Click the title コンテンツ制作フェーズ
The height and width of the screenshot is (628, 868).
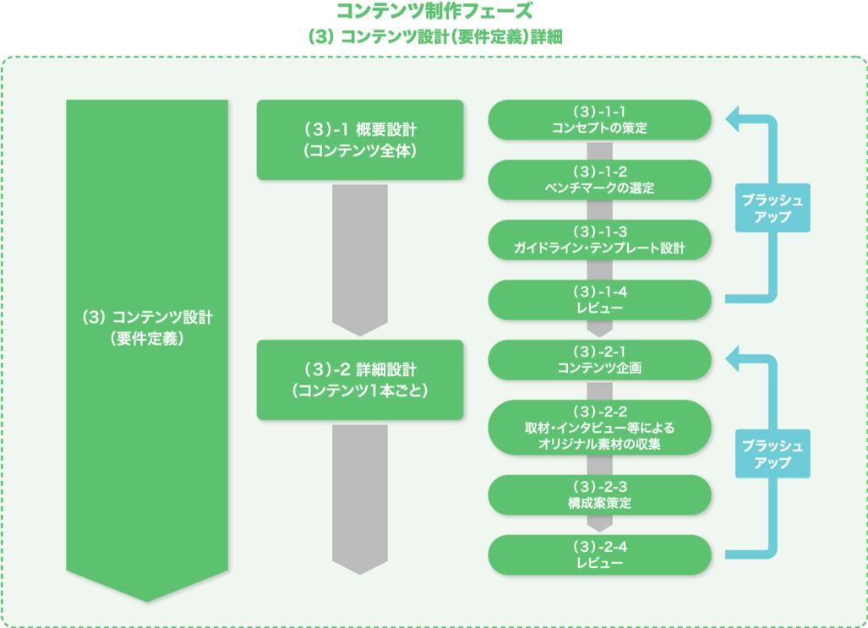click(434, 12)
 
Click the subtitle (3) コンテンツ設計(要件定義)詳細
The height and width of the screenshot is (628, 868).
click(434, 37)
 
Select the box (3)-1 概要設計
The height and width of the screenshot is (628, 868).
click(360, 139)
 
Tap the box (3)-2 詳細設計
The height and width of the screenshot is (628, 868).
click(360, 380)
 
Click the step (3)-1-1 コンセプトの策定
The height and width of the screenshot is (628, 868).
click(599, 120)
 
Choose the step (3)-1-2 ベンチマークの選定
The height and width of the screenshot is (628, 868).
click(599, 180)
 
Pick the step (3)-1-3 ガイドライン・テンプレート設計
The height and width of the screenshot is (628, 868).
click(599, 240)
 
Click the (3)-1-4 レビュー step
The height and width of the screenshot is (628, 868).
click(599, 300)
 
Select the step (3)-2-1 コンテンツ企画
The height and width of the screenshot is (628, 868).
click(599, 360)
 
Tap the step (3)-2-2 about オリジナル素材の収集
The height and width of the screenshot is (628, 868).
click(599, 428)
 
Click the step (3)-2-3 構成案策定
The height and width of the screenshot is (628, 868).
click(599, 495)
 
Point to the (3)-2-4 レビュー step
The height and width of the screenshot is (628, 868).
click(599, 555)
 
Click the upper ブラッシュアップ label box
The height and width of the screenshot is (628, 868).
click(772, 208)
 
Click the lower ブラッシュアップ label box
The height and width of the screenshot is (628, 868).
click(772, 454)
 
